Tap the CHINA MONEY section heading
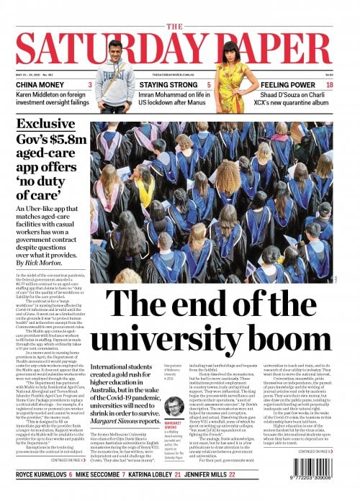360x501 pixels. [x=42, y=85]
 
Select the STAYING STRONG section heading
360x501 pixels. [x=170, y=85]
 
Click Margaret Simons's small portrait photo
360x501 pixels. [x=173, y=407]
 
